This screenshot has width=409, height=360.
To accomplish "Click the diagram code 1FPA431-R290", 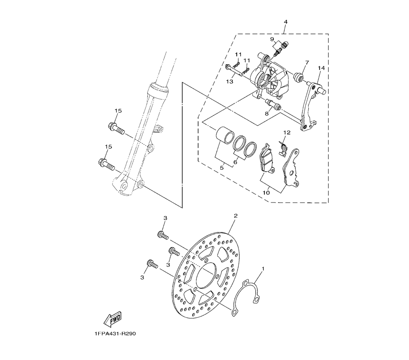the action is pos(114,334).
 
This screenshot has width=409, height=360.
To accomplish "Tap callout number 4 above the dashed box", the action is pos(285,22).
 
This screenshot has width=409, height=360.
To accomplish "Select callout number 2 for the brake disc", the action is pos(236,216).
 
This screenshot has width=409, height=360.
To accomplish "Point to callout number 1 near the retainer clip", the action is pos(263,268).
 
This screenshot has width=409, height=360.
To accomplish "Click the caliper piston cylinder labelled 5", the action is pos(224,134).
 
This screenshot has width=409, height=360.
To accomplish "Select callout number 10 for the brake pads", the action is pos(266,193).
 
